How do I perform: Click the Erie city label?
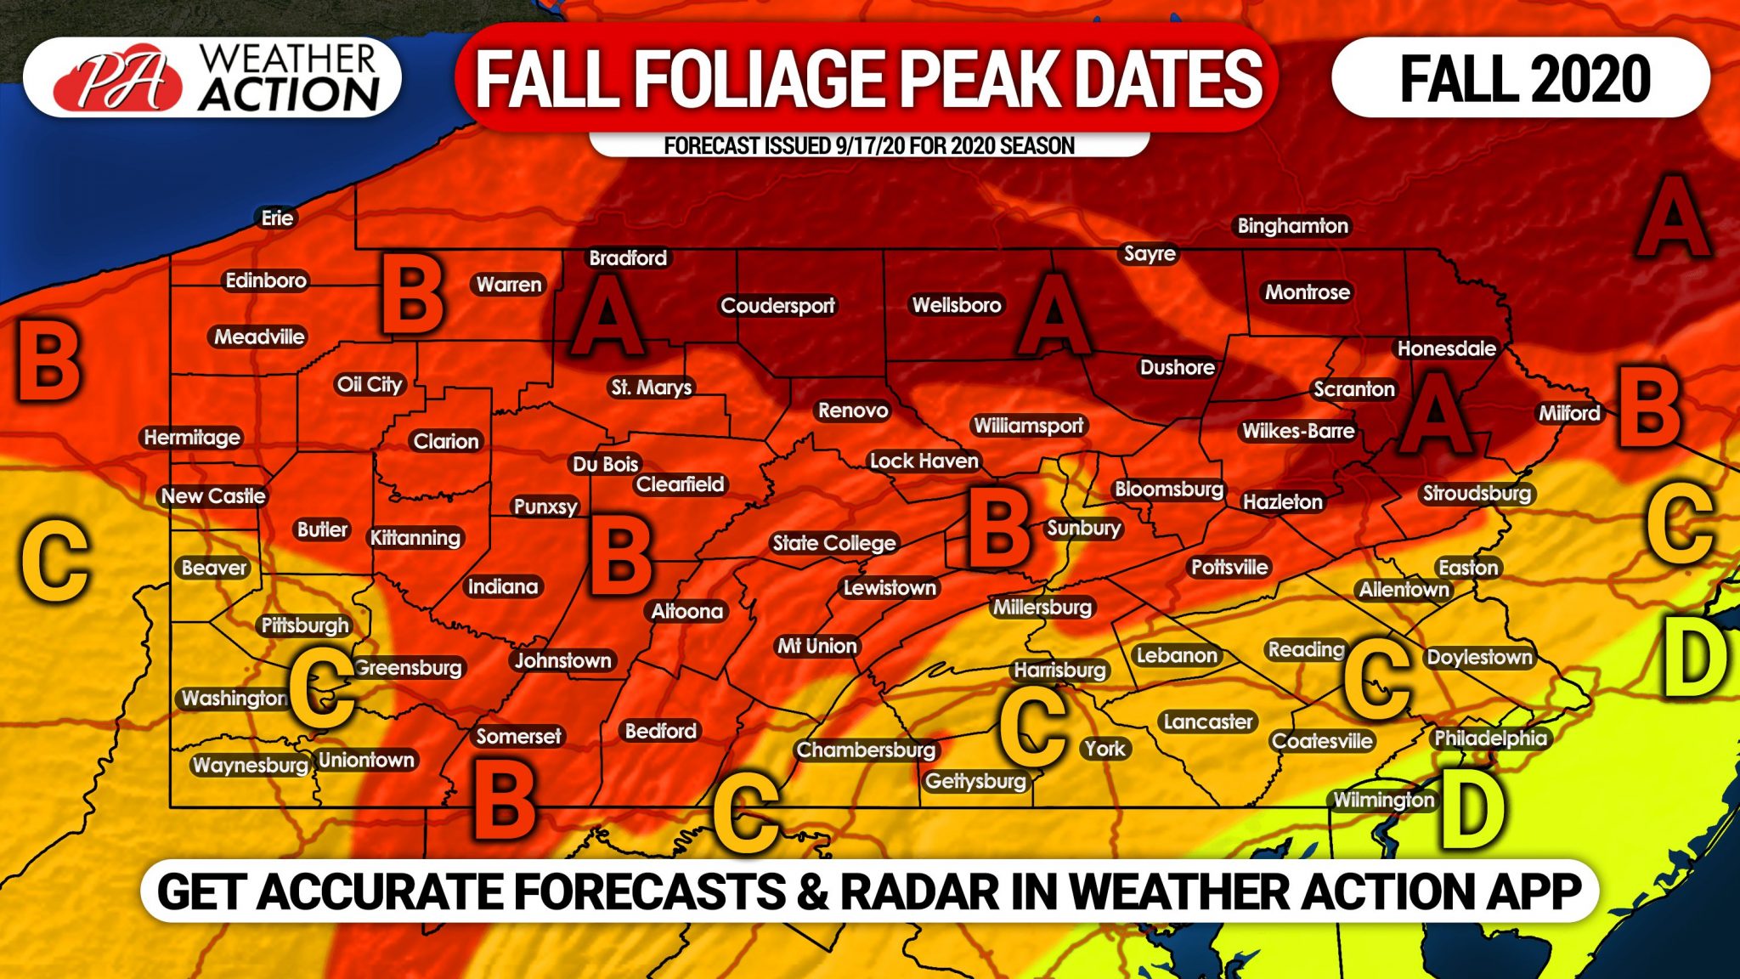[277, 218]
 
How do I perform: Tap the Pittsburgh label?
[304, 625]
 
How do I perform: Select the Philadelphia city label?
[1490, 738]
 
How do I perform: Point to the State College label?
[833, 543]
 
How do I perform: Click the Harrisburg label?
[1059, 670]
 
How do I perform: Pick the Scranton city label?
[1353, 389]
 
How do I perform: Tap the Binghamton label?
[1292, 226]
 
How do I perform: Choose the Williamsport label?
[1028, 425]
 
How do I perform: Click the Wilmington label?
[1383, 800]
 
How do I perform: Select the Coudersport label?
[777, 306]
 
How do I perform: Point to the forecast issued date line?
[868, 146]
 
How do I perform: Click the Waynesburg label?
[250, 765]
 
